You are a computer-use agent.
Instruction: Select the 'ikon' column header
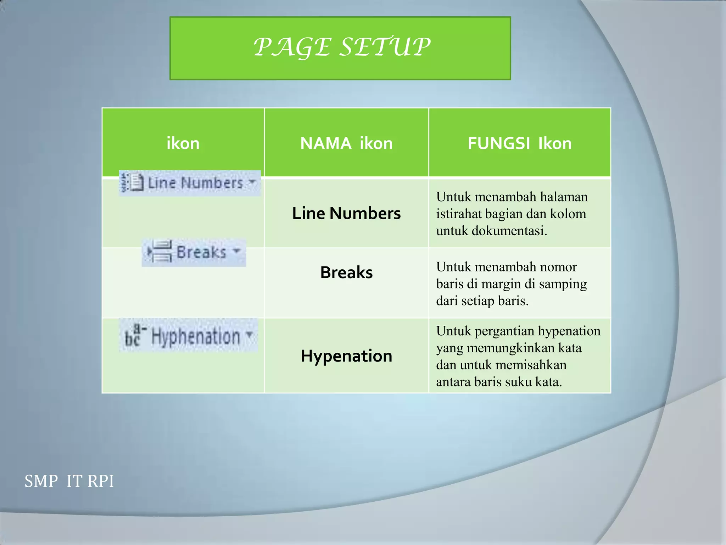[x=183, y=143]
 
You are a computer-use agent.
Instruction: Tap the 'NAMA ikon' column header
[x=346, y=143]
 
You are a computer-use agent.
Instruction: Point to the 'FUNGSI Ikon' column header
[x=519, y=143]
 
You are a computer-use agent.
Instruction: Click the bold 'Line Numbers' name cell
[x=346, y=213]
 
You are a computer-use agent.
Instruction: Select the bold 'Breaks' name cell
[x=346, y=272]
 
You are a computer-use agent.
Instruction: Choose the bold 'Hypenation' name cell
[x=346, y=356]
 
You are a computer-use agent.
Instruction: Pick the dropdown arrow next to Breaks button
[x=236, y=251]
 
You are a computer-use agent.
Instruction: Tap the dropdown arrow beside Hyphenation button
[x=250, y=334]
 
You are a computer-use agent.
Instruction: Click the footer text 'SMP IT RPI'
[x=69, y=481]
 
